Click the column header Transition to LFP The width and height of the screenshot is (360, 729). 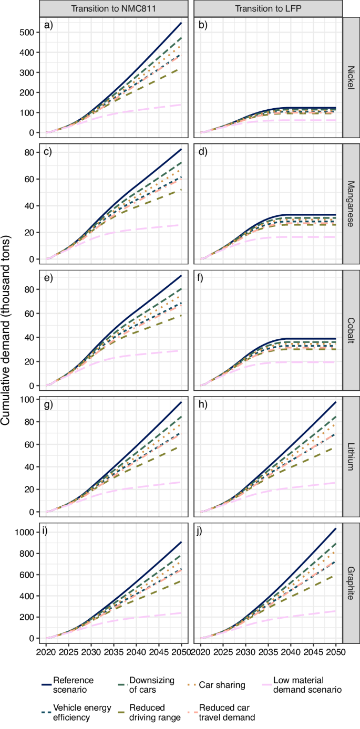[x=268, y=8]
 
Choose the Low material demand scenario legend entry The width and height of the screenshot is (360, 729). [x=310, y=684]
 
